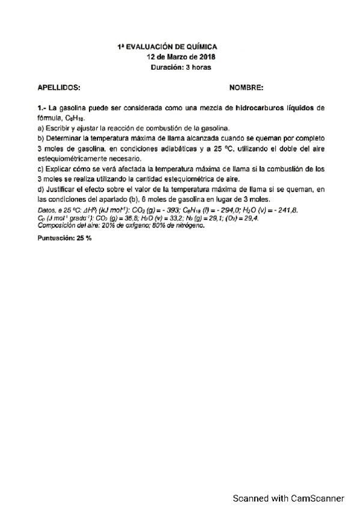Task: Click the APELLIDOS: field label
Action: coord(59,88)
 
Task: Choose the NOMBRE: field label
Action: coord(246,88)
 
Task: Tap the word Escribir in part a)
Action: coord(60,128)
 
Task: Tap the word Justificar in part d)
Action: coord(63,189)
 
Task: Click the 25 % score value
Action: coord(84,238)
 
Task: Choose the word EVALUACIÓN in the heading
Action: coord(149,46)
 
